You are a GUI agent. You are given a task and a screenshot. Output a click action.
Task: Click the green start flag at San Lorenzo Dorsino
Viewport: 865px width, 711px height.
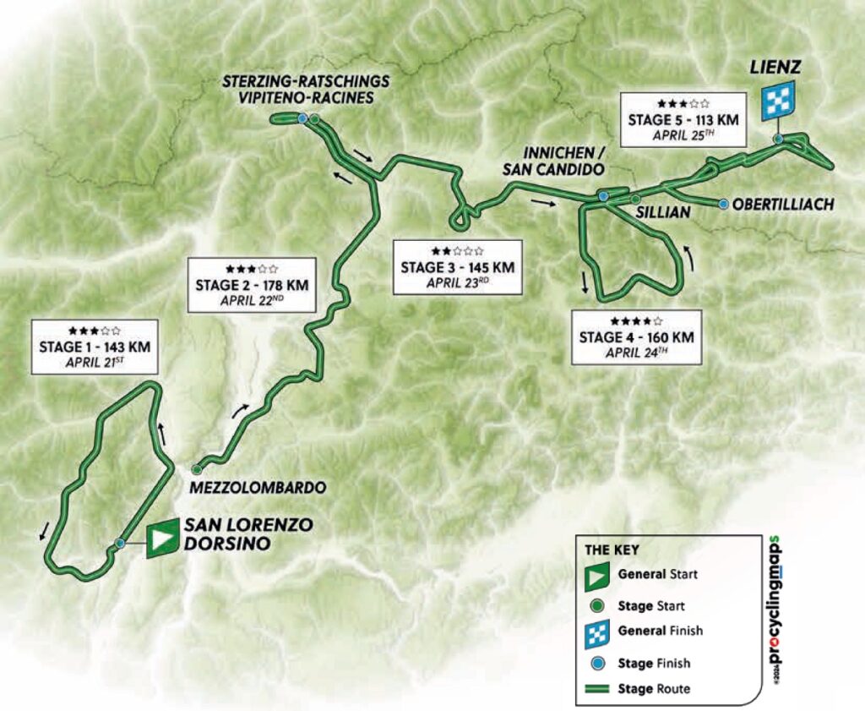[x=162, y=538]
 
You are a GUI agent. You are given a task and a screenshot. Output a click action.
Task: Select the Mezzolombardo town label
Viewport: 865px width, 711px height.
[x=251, y=489]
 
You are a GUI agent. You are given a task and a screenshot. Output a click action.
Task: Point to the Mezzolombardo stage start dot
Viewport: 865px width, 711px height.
[x=196, y=468]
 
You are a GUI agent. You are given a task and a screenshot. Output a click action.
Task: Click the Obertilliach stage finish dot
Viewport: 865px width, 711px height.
[x=723, y=204]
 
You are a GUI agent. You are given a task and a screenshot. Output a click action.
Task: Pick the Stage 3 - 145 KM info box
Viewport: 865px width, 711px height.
[x=457, y=267]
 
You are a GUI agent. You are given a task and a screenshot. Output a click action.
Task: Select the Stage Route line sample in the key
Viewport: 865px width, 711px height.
[x=596, y=688]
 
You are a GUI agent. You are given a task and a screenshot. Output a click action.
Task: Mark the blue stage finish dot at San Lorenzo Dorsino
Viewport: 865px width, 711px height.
[x=121, y=543]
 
